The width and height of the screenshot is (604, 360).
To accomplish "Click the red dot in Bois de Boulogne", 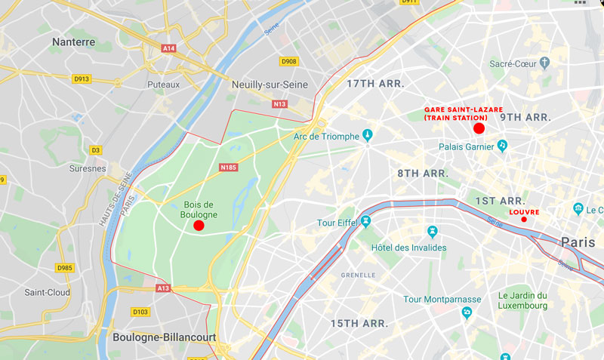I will (199, 225).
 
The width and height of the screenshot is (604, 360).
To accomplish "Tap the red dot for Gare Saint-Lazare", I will (479, 128).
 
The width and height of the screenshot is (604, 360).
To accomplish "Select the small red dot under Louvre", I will (524, 220).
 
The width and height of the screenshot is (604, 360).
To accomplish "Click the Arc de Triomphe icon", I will (368, 136).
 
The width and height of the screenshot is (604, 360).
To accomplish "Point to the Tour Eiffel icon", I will (366, 222).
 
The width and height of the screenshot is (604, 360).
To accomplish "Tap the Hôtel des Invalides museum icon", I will (432, 231).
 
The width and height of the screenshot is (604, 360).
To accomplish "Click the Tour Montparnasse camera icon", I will (467, 312).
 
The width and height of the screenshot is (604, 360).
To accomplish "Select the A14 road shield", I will (168, 48).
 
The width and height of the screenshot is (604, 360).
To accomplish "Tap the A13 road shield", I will (163, 288).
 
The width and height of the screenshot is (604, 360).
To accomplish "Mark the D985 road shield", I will (66, 267).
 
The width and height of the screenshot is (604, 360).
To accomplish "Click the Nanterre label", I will (73, 42).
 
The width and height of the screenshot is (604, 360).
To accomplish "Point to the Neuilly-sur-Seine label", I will (270, 85).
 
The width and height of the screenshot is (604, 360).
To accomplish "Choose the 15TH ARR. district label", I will (359, 323).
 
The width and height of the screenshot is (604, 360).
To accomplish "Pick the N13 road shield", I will (280, 103).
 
